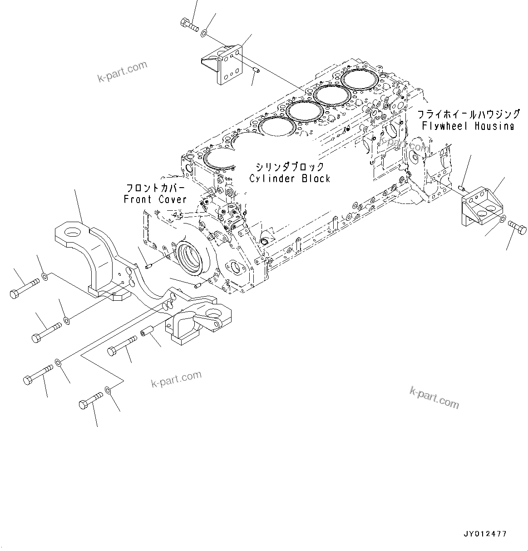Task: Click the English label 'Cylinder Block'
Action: pos(290,179)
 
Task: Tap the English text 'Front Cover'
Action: pos(155,199)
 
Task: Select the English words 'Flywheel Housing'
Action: pos(468,126)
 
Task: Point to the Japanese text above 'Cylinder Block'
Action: pos(290,167)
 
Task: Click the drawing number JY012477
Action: pos(485,534)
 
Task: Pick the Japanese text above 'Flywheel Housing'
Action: pos(469,114)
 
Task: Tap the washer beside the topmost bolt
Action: pos(205,32)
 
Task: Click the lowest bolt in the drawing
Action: pos(90,400)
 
